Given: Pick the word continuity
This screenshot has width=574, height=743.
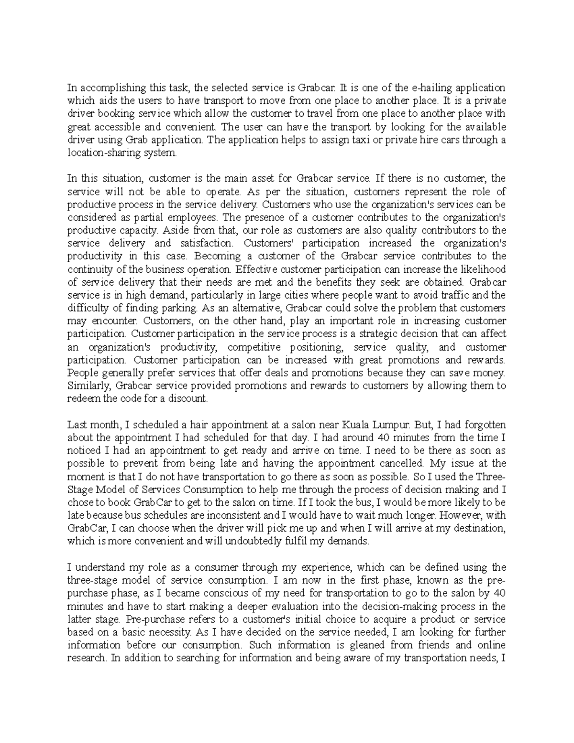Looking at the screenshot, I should (x=88, y=269).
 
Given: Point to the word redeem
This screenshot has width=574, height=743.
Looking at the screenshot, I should (x=82, y=399).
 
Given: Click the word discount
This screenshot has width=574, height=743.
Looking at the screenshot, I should (x=190, y=399).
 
